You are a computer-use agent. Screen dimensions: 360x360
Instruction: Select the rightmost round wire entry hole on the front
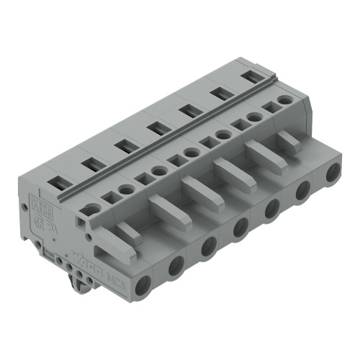click(333, 174)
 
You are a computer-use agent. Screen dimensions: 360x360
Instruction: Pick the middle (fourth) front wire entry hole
click(240, 227)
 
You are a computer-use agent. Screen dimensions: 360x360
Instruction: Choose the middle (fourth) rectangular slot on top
click(156, 128)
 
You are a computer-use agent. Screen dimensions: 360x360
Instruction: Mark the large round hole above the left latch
click(91, 211)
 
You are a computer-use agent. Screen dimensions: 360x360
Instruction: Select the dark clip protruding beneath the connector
click(73, 278)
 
